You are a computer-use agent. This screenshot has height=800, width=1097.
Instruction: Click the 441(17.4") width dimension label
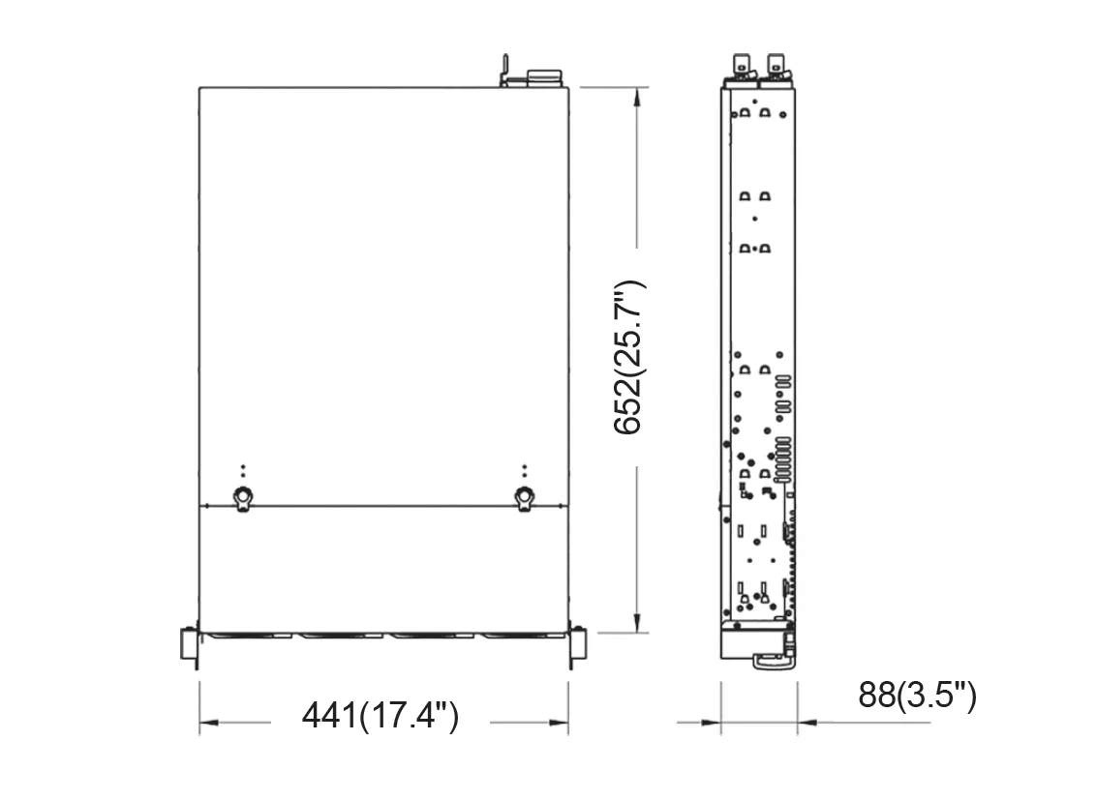[380, 716]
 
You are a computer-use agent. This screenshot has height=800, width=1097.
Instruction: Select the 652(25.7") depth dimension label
[627, 357]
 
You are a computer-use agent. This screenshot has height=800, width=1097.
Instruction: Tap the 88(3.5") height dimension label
[917, 695]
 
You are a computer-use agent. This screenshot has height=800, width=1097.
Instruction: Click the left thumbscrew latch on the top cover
[243, 498]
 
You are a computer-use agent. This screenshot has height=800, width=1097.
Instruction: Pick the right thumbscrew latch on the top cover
[524, 498]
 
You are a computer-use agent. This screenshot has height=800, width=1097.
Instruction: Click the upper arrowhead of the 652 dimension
[636, 97]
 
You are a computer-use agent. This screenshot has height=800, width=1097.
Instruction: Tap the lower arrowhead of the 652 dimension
[636, 623]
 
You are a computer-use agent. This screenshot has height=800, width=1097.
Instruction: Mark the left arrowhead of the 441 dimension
[209, 723]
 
